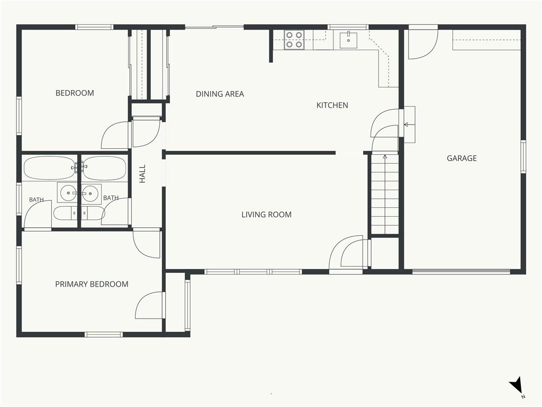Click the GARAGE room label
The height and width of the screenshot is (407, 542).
click(462, 158)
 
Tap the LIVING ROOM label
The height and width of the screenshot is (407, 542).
click(267, 215)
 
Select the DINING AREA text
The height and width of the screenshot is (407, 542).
click(220, 94)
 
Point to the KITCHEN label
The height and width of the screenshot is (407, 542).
click(332, 105)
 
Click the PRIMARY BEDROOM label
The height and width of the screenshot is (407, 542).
click(92, 284)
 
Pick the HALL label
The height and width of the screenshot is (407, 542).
click(142, 174)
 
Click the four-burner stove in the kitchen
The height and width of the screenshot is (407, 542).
click(294, 40)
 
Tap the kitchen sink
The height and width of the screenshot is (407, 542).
click(348, 40)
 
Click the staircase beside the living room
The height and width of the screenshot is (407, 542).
click(385, 194)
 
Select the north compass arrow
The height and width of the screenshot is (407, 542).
click(516, 385)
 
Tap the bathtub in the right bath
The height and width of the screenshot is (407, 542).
click(105, 168)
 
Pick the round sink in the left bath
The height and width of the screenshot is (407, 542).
click(68, 193)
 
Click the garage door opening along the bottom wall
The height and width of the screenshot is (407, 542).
click(462, 271)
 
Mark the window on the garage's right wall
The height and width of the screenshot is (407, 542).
click(523, 156)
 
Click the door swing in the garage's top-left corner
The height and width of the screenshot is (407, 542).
click(423, 45)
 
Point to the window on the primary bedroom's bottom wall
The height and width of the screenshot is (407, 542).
click(104, 334)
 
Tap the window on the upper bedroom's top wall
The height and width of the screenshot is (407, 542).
click(94, 27)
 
